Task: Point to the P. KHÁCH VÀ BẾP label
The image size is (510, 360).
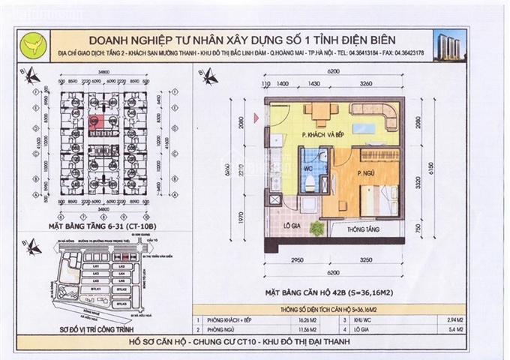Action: click(x=325, y=136)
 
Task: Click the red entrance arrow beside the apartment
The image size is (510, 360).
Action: click(x=256, y=116)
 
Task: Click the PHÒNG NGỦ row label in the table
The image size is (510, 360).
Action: click(x=223, y=328)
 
